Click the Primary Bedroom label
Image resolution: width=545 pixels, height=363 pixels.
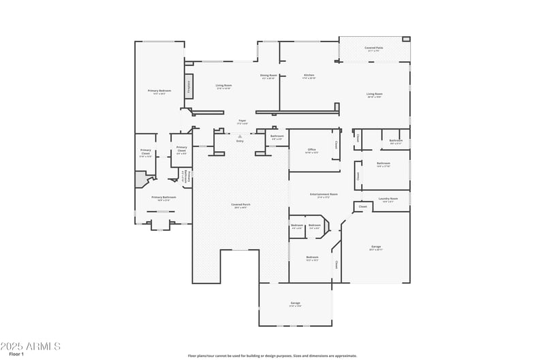(x=159, y=91)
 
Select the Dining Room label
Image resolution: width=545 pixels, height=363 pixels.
(x=268, y=76)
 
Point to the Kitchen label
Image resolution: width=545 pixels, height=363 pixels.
(x=309, y=76)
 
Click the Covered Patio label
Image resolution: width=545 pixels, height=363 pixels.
(x=373, y=48)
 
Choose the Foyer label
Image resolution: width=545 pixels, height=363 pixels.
(x=242, y=121)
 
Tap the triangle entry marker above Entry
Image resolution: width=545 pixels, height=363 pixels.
(x=240, y=136)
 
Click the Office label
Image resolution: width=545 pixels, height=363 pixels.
(x=311, y=150)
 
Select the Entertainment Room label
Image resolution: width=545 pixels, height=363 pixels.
(x=324, y=195)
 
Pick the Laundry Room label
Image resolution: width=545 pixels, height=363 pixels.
(x=388, y=199)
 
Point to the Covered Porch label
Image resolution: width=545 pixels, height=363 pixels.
(x=240, y=204)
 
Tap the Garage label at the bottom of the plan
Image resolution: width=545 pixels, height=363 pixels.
(x=295, y=303)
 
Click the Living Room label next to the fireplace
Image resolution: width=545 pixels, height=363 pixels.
(x=223, y=86)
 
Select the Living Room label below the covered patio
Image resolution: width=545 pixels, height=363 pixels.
(x=374, y=95)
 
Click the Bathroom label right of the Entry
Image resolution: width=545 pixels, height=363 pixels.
(x=277, y=136)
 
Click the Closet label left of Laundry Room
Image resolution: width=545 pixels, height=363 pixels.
(x=362, y=206)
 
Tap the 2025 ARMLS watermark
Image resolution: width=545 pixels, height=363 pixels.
(x=31, y=346)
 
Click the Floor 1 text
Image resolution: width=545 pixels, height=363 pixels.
(x=16, y=354)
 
